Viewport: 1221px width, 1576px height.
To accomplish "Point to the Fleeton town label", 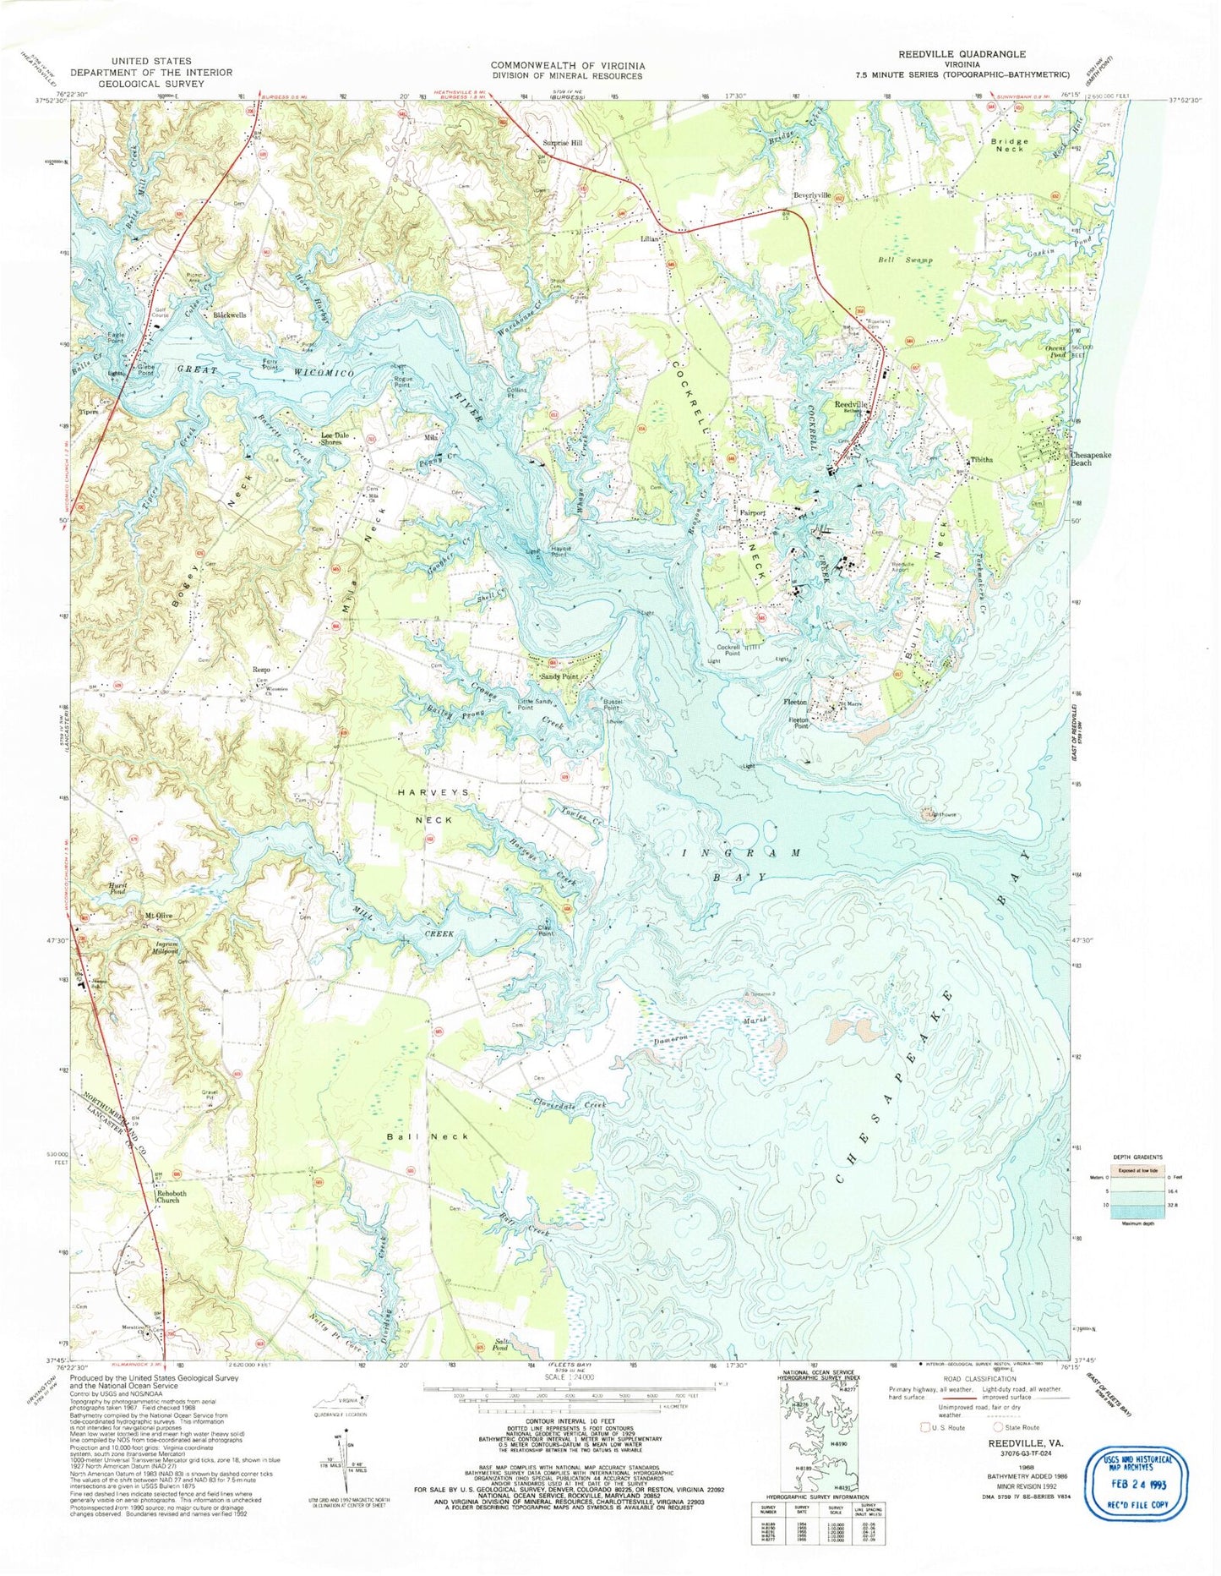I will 797,703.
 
